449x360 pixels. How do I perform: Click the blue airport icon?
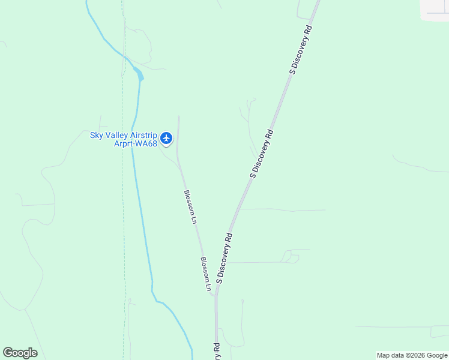tap(167, 139)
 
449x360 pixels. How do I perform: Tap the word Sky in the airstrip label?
tap(97, 136)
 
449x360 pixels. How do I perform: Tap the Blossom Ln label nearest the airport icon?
tap(190, 207)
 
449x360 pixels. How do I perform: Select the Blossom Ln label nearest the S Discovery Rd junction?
tap(206, 275)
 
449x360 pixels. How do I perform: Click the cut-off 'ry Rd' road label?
tap(215, 350)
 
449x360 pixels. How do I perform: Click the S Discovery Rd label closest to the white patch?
tap(301, 50)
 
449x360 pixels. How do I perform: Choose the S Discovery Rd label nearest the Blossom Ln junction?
tap(224, 258)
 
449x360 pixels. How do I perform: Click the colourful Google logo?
tap(20, 353)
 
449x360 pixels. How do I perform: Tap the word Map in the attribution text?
tap(385, 355)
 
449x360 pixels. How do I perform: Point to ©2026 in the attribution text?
tap(415, 355)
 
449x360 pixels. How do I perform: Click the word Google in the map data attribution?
tap(437, 355)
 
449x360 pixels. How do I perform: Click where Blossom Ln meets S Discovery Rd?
tap(215, 294)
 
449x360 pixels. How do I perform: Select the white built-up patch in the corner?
tap(436, 8)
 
